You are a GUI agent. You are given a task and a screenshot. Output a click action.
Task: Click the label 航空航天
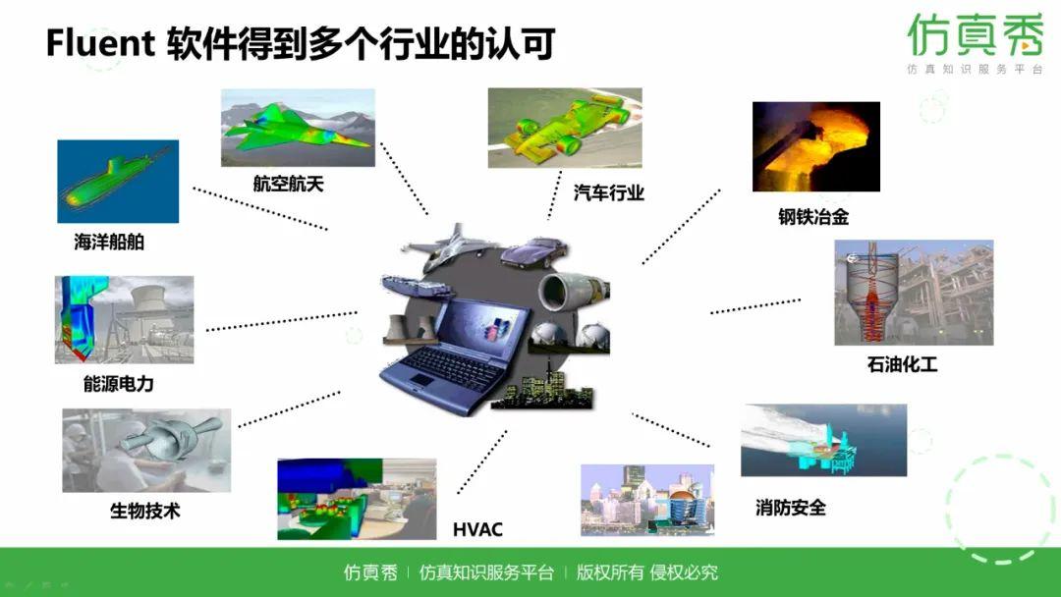288,184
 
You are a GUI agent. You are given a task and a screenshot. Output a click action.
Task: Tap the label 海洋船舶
109,242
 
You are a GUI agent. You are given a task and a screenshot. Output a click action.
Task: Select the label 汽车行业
609,192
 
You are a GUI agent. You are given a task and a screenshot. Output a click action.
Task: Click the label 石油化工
902,364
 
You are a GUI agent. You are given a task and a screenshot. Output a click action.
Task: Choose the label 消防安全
791,508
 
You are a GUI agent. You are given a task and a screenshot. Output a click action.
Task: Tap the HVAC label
477,530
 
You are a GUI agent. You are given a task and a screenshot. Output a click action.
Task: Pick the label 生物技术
144,511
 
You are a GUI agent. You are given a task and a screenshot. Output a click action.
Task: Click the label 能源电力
118,384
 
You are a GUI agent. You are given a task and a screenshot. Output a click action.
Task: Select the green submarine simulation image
118,182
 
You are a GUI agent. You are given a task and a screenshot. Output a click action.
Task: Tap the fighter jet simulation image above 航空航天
298,129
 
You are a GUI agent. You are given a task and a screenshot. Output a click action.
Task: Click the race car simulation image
565,128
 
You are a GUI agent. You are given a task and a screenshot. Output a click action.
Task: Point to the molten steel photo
815,146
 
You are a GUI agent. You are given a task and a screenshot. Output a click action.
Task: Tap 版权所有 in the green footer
610,572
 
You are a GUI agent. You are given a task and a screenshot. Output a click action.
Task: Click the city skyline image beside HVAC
647,499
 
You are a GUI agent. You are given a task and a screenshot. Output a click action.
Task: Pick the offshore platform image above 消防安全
823,440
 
